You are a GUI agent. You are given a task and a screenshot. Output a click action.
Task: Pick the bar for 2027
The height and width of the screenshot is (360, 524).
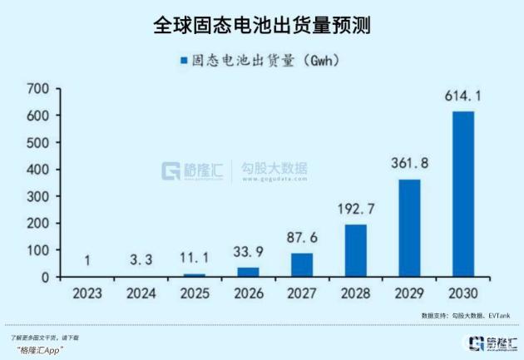click(x=302, y=264)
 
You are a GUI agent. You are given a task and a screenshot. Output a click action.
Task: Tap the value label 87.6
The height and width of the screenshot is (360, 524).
click(x=302, y=238)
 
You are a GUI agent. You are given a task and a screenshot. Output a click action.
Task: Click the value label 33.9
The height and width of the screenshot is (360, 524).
click(x=248, y=252)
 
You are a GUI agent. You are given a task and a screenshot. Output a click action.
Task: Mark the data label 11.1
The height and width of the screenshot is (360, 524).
click(x=194, y=259)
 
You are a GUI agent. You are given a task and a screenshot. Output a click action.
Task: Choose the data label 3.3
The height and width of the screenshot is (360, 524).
click(x=141, y=260)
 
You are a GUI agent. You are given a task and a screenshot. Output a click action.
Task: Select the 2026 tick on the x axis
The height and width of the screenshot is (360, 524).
click(x=248, y=293)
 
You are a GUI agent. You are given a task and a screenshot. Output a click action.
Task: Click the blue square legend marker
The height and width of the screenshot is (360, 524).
click(x=182, y=61)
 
